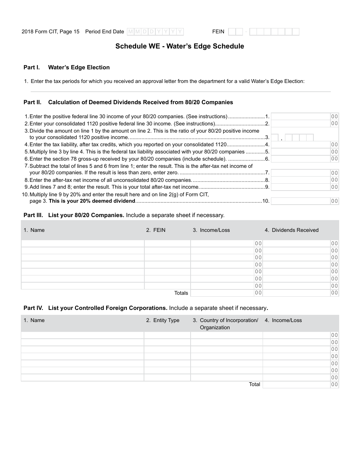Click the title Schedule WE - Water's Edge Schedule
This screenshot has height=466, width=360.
click(x=180, y=46)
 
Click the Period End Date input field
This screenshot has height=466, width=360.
click(x=155, y=32)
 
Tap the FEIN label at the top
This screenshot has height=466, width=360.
click(x=218, y=32)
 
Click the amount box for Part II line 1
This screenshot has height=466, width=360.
click(x=301, y=117)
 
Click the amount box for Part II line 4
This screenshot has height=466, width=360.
click(x=301, y=144)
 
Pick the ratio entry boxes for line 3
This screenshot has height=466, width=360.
click(x=299, y=138)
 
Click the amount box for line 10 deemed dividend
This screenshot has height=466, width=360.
click(x=301, y=201)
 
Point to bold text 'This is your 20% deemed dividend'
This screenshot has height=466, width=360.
click(x=92, y=201)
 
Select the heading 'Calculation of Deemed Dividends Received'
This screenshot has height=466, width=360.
click(x=141, y=102)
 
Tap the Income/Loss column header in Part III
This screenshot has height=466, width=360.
click(x=215, y=230)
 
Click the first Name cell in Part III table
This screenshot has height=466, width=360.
click(x=83, y=243)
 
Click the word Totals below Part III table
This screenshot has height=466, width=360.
click(x=181, y=293)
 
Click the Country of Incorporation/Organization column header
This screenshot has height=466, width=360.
click(x=229, y=324)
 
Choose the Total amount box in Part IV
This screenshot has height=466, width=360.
click(x=297, y=385)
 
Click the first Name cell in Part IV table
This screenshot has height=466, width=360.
click(x=83, y=335)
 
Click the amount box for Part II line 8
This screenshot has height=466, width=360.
click(x=301, y=180)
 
